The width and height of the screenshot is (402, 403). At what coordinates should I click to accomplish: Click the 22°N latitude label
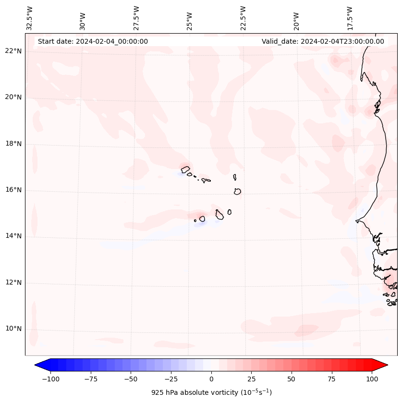point(13,51)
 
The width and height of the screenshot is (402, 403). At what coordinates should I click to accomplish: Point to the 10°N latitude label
point(13,329)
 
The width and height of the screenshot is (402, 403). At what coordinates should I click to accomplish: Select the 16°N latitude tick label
point(13,190)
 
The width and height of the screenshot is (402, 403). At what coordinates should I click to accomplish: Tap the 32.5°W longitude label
point(30,18)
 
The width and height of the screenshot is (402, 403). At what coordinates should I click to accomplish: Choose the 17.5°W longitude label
point(350,18)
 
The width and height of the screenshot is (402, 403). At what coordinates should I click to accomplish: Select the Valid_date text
point(323,41)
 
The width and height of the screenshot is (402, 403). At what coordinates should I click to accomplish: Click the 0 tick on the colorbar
point(211,379)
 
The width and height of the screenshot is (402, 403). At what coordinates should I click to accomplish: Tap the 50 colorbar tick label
point(292,379)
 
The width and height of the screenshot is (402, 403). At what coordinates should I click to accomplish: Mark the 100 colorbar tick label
point(372,379)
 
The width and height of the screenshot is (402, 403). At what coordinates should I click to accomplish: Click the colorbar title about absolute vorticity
point(211,392)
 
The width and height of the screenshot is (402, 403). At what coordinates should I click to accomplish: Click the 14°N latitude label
point(13,236)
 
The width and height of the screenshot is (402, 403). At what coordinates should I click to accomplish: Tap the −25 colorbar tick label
point(171,379)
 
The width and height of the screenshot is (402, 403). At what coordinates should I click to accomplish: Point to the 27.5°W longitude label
point(136,18)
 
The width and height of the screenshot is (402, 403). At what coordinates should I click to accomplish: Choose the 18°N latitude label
point(13,144)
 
